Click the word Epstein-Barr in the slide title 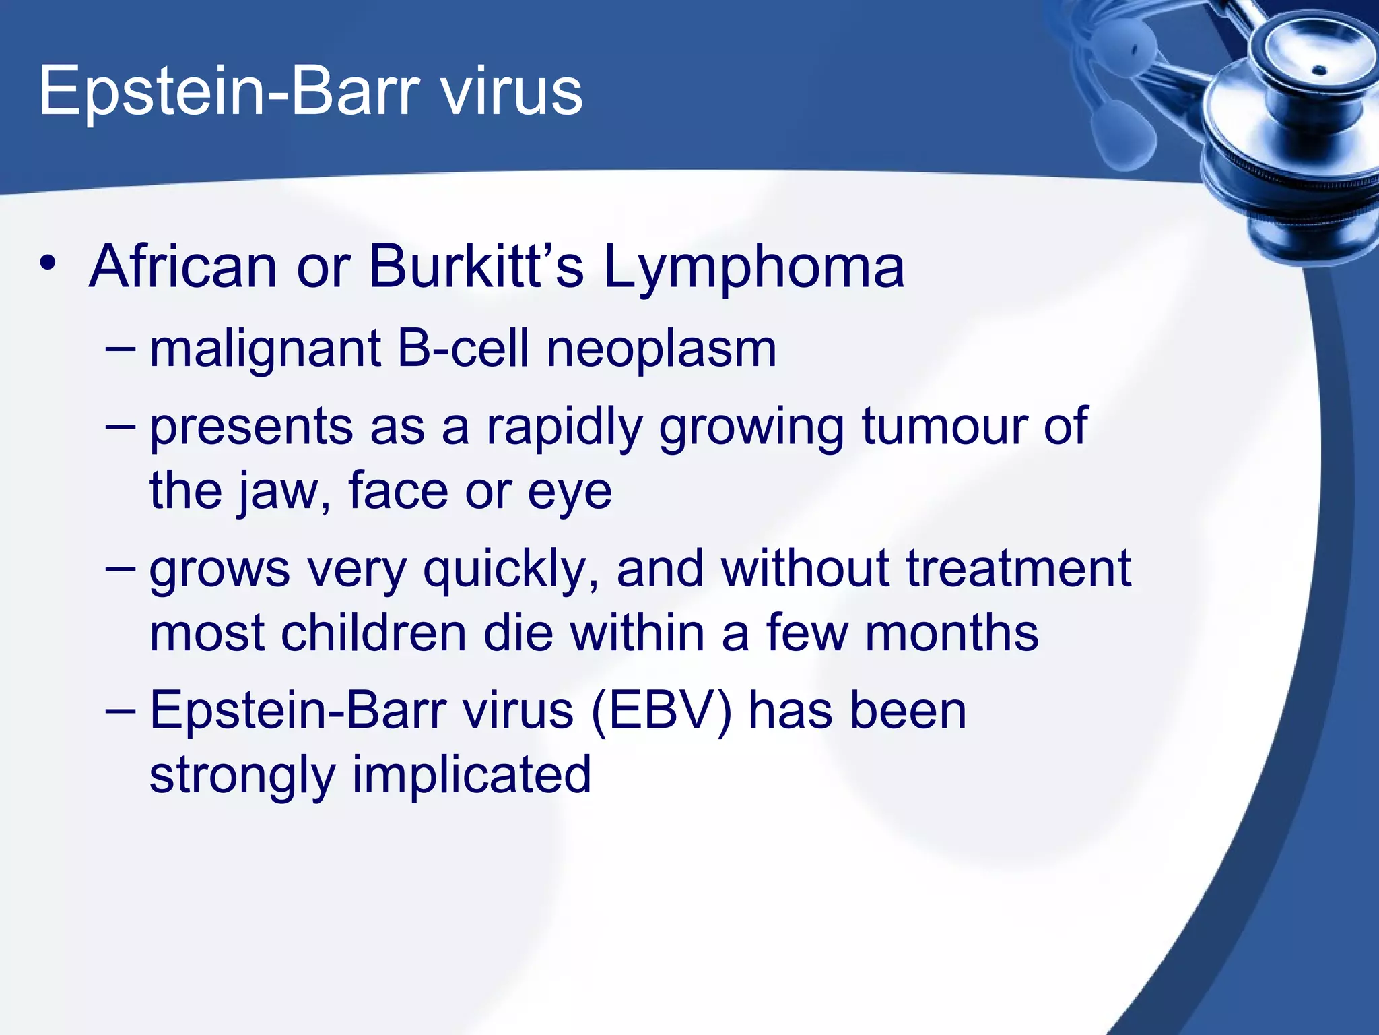(229, 92)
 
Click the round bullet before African (48, 263)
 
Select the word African (182, 267)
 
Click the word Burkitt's (476, 267)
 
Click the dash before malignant (121, 350)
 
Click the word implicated (471, 775)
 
